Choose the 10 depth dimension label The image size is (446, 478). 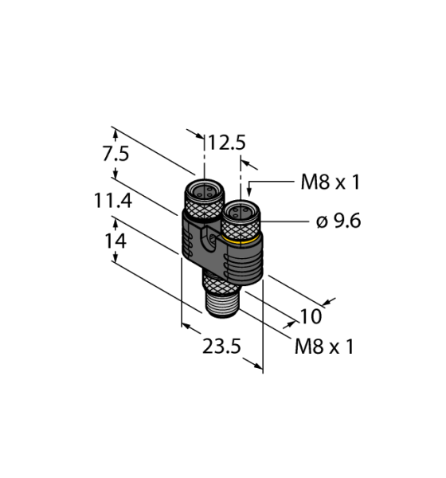point(311,317)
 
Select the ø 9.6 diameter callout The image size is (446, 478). point(338,221)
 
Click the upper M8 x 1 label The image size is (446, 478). point(330,182)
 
